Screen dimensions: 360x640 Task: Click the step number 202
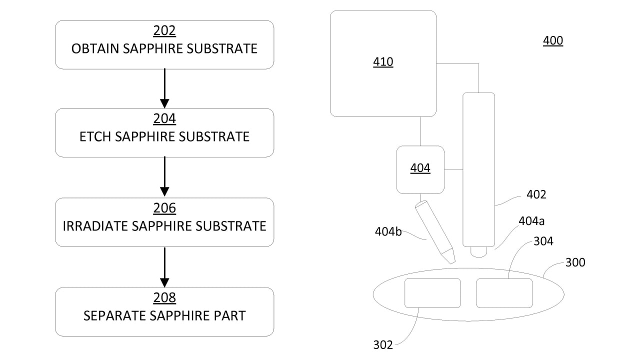[164, 31]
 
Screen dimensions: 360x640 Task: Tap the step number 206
[164, 208]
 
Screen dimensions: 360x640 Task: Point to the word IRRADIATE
[95, 226]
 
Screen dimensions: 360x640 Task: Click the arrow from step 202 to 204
[164, 88]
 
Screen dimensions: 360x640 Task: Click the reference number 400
[553, 41]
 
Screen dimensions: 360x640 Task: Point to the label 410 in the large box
[383, 62]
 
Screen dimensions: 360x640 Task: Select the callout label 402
[536, 194]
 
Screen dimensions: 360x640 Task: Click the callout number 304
[543, 241]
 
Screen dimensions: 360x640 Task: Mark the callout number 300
[575, 262]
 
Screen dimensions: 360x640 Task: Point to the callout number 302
[383, 344]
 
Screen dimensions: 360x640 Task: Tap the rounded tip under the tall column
[478, 252]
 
